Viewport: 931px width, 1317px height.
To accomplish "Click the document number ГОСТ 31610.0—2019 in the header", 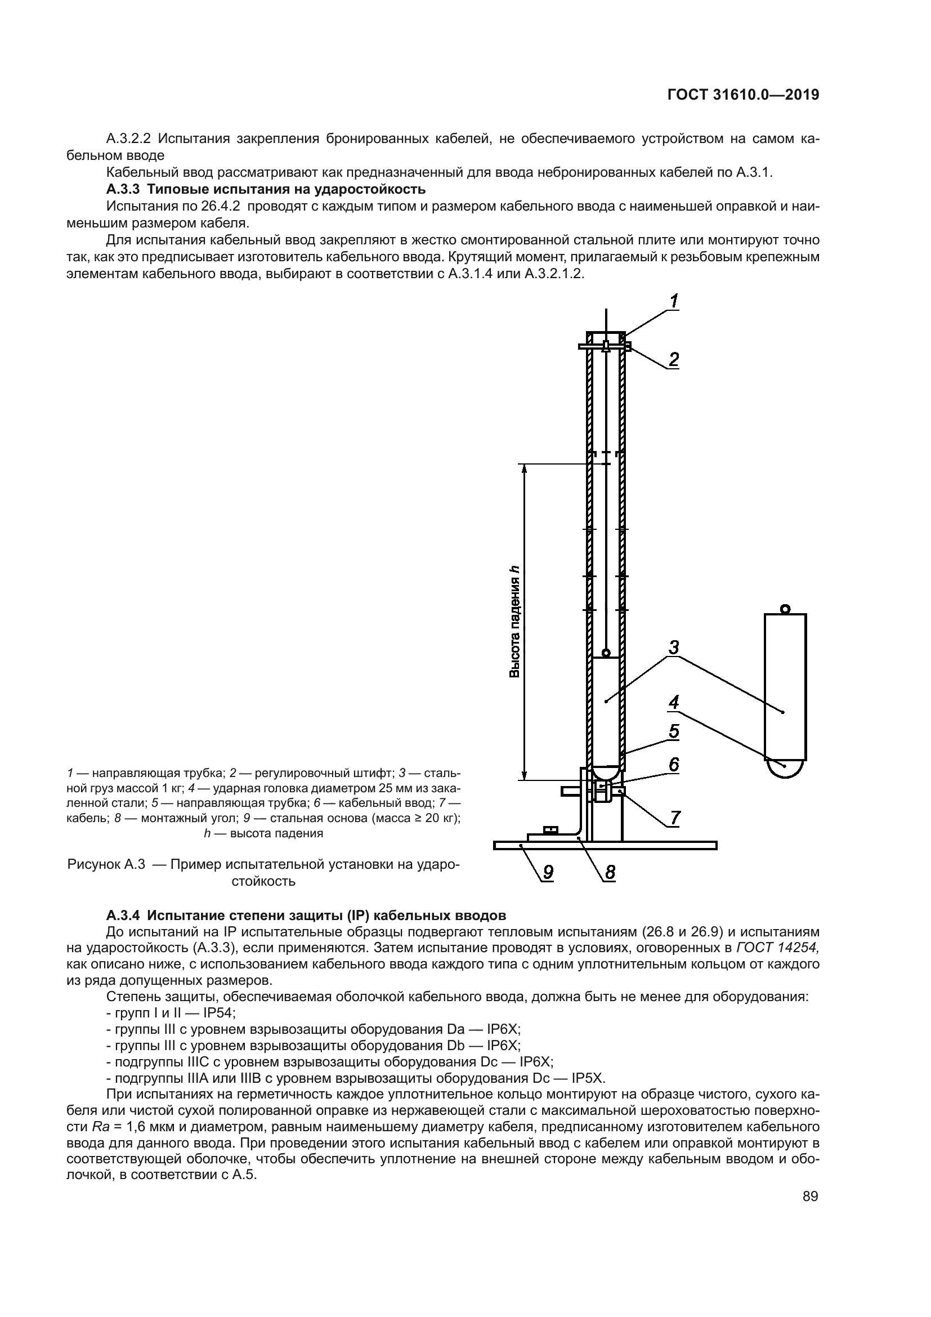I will point(744,95).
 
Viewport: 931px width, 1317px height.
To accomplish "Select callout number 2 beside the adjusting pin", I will point(674,360).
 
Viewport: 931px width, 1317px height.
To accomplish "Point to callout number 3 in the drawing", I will point(674,647).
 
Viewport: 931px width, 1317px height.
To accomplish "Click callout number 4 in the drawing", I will point(674,702).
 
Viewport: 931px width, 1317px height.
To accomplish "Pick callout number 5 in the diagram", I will point(674,731).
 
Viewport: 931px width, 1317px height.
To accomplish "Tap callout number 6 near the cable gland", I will point(674,765).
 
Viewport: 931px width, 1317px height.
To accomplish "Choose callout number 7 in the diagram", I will point(675,818).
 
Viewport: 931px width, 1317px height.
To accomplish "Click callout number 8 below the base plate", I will point(610,872).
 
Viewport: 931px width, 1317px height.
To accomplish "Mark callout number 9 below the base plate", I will point(549,872).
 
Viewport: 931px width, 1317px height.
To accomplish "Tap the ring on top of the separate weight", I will point(785,609).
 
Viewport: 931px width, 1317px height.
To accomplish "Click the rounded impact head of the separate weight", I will point(785,768).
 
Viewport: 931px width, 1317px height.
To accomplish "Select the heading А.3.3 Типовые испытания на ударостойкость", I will point(266,189).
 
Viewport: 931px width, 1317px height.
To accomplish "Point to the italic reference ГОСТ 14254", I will point(778,947).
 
